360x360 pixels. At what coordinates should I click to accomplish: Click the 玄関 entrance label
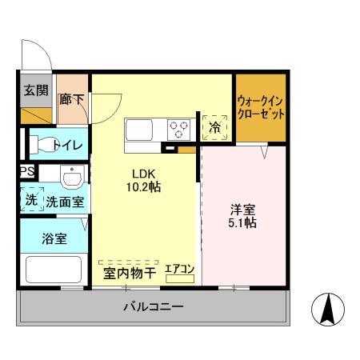tap(34, 90)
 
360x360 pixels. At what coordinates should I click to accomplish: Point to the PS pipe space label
tap(26, 171)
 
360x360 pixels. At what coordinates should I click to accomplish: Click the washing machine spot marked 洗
tap(30, 201)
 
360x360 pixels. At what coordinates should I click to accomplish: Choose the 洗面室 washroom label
tap(65, 202)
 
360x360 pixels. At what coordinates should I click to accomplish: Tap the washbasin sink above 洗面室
tap(71, 174)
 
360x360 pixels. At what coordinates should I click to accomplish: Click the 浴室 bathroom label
tap(54, 238)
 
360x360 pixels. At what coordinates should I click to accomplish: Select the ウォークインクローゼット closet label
tap(261, 108)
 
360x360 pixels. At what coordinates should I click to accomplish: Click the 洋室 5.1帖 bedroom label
tap(243, 216)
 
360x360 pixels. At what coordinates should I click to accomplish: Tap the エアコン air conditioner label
tap(180, 270)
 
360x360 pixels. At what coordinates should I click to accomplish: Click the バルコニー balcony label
tap(153, 306)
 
